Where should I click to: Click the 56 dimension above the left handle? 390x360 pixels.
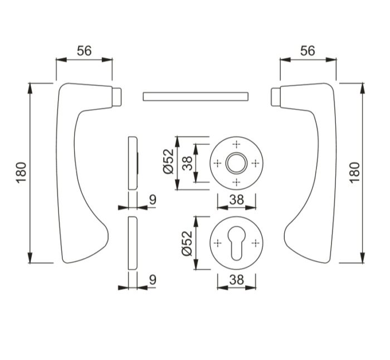(x=84, y=51)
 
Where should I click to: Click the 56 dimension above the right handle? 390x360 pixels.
(x=308, y=51)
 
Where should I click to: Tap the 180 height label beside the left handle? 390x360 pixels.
(x=21, y=173)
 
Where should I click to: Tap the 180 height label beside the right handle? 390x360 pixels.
(x=355, y=173)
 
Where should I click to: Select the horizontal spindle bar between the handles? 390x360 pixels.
(x=196, y=96)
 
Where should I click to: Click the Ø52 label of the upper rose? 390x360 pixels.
(x=169, y=161)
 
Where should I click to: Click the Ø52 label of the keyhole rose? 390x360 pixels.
(x=187, y=244)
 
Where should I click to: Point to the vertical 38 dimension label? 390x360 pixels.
(x=188, y=163)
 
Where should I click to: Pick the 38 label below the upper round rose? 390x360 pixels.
(x=237, y=200)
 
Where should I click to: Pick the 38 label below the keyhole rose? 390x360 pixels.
(x=237, y=280)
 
